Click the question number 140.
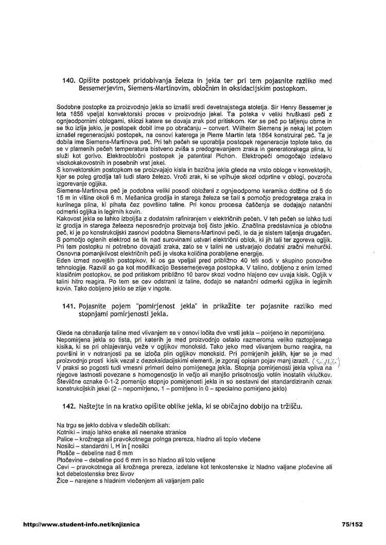69,81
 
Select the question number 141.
69,306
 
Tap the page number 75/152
352,524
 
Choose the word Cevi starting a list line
64,466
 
